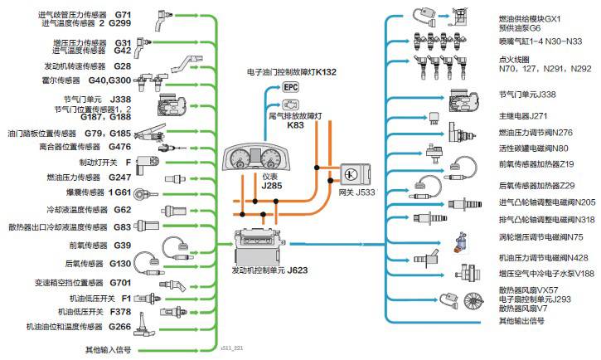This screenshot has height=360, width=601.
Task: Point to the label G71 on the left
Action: [x=122, y=15]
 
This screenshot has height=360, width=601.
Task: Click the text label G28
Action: [x=122, y=66]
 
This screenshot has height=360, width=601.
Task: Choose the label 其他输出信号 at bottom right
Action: [x=521, y=320]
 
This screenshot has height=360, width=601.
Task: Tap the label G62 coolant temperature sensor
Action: [x=122, y=210]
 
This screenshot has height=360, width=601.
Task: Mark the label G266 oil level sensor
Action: [x=120, y=327]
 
